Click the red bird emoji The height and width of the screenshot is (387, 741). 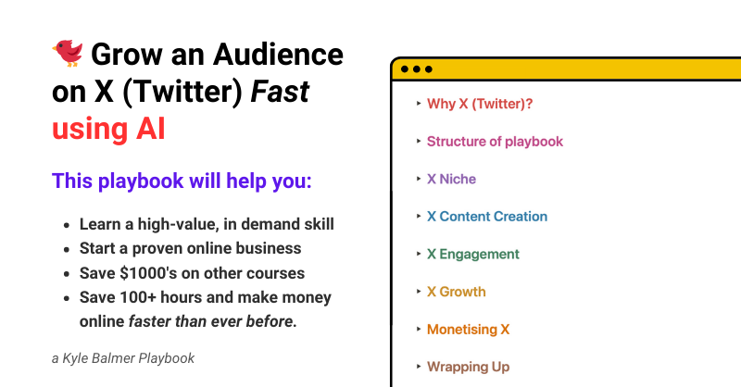(x=68, y=53)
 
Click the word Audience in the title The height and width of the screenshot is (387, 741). (x=278, y=55)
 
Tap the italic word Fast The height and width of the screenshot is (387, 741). (x=280, y=92)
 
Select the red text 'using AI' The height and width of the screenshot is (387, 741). (x=108, y=129)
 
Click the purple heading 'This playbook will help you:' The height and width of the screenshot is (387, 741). (x=182, y=181)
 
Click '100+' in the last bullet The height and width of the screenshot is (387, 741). (x=137, y=297)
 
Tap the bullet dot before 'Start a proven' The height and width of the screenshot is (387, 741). (x=67, y=249)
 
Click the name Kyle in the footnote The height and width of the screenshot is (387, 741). (x=75, y=358)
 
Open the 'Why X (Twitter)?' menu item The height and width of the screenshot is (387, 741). (x=480, y=104)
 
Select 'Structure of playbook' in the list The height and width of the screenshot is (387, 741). (x=495, y=142)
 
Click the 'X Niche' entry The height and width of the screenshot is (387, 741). (x=451, y=179)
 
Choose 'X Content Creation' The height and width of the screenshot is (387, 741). (x=487, y=217)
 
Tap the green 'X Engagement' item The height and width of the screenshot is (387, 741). (x=473, y=255)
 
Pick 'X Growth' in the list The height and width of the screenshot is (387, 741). (x=456, y=292)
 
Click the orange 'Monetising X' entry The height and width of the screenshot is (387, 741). (x=468, y=330)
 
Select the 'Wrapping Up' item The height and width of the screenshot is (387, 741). (x=468, y=368)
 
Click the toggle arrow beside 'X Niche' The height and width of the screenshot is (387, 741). (x=419, y=179)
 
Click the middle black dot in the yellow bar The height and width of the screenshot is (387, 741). (x=416, y=69)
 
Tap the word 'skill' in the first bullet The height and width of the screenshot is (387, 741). (x=319, y=224)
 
